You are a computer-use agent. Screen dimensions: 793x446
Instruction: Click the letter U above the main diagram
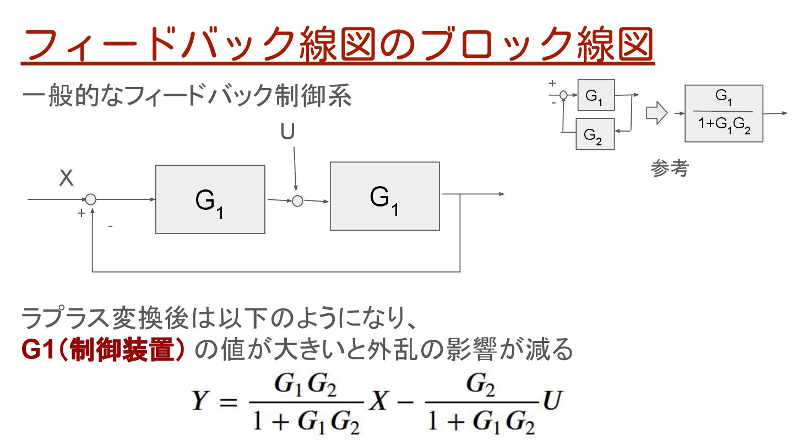point(287,133)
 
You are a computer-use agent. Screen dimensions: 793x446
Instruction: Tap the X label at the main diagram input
point(66,179)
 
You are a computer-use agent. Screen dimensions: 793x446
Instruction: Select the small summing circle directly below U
point(297,201)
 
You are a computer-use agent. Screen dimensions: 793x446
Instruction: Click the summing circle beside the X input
point(91,199)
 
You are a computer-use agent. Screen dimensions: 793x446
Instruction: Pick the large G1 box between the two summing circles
point(210,199)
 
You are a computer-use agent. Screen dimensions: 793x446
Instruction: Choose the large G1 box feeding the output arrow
point(384,196)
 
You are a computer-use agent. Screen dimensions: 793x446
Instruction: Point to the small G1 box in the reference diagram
point(595,95)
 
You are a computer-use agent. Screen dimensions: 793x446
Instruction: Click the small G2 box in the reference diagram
point(595,134)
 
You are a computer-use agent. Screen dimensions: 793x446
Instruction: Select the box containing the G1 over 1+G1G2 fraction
point(724,113)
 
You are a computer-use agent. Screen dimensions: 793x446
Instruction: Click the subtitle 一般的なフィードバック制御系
point(187,97)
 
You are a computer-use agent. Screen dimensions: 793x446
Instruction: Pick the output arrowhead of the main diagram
point(501,194)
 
